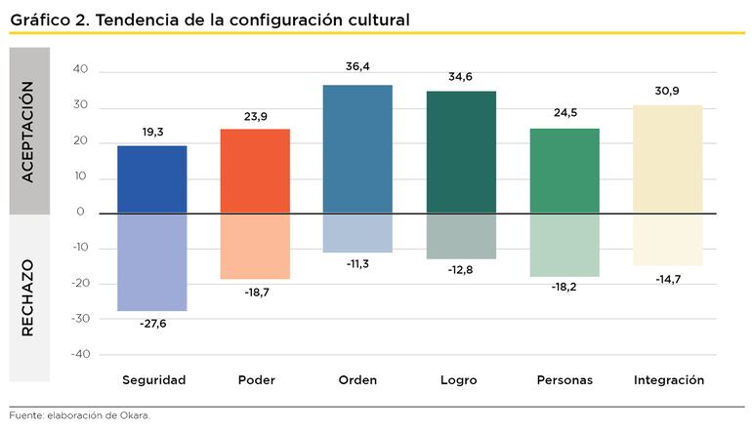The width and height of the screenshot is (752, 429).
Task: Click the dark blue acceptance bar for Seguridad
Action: (151, 179)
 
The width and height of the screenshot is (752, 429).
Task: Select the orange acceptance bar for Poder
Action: (255, 171)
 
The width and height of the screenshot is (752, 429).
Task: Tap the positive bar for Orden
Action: (357, 149)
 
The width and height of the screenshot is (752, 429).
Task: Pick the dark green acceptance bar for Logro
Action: (461, 152)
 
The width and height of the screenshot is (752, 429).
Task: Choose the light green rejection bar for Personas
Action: (564, 245)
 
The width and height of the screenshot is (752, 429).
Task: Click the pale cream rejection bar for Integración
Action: (668, 239)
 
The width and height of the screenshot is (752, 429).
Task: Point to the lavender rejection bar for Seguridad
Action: (151, 261)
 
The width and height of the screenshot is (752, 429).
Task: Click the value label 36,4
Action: (357, 67)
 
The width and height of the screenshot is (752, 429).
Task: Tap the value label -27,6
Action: (151, 324)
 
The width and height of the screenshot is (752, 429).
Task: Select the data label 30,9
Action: (668, 90)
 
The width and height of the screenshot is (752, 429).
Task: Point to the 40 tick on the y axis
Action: (80, 70)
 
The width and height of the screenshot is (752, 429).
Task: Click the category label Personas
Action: (564, 380)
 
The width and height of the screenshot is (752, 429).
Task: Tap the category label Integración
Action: (668, 380)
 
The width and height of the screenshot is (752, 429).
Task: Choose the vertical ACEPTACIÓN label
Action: (27, 131)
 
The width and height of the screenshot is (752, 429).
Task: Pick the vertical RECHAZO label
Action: (27, 297)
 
